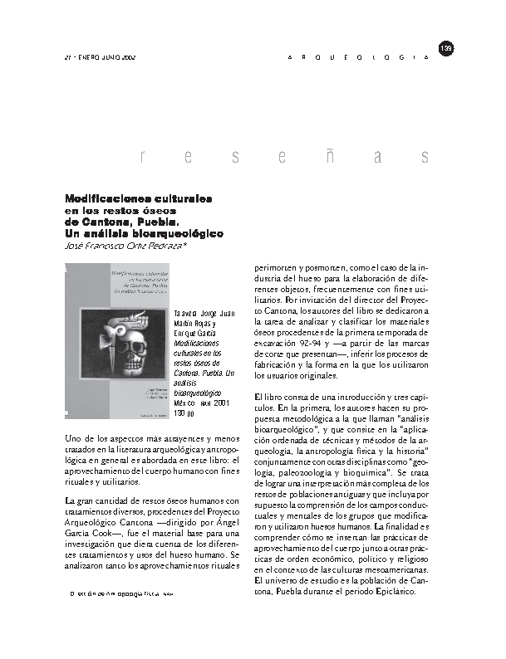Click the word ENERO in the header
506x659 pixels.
point(94,58)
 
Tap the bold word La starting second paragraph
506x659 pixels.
point(70,501)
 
